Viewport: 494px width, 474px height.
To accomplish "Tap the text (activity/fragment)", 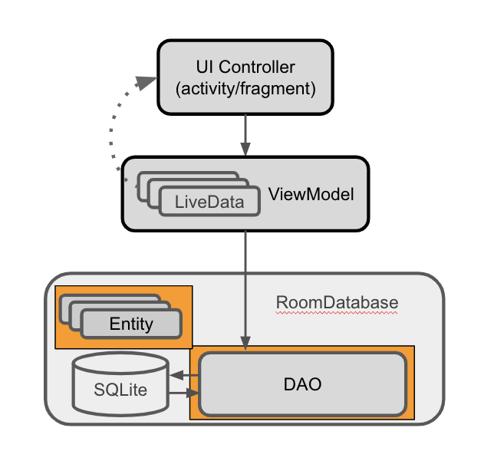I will point(245,88).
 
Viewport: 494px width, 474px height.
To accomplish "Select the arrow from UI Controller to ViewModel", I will point(245,133).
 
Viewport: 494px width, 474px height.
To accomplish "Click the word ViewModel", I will point(311,194).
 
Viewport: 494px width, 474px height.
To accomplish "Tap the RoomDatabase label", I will point(338,302).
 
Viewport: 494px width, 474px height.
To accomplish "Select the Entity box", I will point(131,324).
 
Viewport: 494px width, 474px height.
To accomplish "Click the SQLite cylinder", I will point(120,383).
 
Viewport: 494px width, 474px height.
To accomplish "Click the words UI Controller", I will point(245,67).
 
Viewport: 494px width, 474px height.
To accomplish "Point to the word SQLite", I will point(120,389).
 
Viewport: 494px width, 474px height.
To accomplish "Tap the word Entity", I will point(131,324).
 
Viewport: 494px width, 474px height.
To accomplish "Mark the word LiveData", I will point(209,202).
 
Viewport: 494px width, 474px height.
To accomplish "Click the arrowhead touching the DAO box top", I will point(245,346).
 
